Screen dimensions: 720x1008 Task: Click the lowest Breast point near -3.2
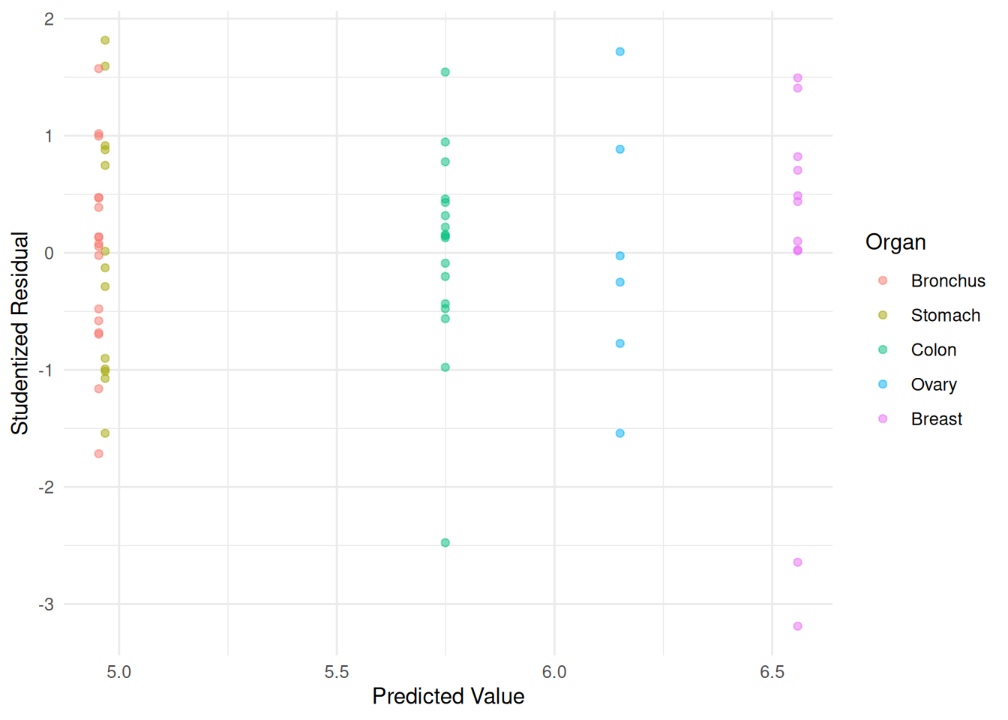797,626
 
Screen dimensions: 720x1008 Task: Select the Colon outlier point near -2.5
445,543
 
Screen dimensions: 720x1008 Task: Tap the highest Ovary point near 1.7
620,52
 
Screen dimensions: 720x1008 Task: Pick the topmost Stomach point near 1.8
105,40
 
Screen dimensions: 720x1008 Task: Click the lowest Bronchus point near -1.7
98,454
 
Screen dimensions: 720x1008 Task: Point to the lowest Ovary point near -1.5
620,433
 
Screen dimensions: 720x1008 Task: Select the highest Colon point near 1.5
445,73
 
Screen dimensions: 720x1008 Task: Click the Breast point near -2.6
797,562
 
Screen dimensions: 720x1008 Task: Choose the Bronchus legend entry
947,281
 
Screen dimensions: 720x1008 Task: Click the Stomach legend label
945,316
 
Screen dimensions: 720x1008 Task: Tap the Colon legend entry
933,350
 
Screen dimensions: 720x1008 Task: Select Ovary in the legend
933,385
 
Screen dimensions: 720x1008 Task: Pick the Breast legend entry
936,419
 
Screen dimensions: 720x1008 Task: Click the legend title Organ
895,242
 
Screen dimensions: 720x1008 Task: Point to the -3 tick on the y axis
46,604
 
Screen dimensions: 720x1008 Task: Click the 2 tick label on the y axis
49,19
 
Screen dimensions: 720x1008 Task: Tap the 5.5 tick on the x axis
337,672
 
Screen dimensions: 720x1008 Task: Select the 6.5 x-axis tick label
772,672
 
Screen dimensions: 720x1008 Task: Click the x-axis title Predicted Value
448,697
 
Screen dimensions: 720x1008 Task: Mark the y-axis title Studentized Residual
19,333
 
